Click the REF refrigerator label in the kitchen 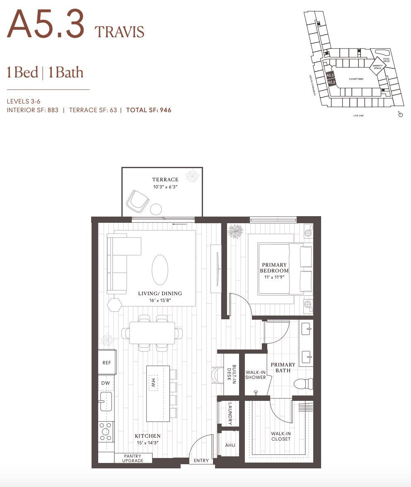tap(106, 362)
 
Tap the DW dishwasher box tap(106, 383)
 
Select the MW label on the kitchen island tap(152, 381)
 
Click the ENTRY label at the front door tap(202, 461)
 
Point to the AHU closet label tap(230, 445)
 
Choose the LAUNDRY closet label tap(230, 414)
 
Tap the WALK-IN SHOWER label tap(256, 374)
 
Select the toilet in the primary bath tap(305, 383)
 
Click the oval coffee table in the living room tap(160, 270)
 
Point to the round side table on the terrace tap(156, 209)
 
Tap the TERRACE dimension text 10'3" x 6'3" tap(165, 187)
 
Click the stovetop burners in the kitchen tap(106, 432)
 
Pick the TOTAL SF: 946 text tap(149, 110)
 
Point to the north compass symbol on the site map tap(400, 114)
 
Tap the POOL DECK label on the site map tap(387, 60)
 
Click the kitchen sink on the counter tap(106, 402)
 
